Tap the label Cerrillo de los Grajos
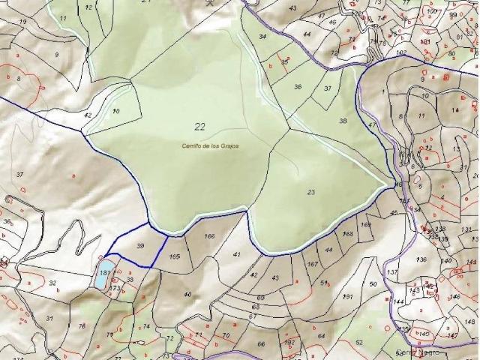click(x=210, y=145)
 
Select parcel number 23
click(x=311, y=193)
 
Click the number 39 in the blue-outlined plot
click(x=139, y=246)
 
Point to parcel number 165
click(x=175, y=256)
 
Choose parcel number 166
click(x=209, y=237)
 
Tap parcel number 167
click(x=313, y=264)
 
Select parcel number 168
click(x=348, y=235)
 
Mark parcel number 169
click(x=366, y=224)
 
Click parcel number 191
click(x=347, y=297)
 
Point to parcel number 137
click(x=392, y=271)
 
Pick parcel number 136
click(x=421, y=259)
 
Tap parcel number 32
click(x=52, y=283)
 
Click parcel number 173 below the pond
click(x=115, y=288)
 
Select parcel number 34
click(x=262, y=36)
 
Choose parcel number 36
click(x=297, y=87)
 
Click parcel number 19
click(x=22, y=22)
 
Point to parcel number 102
click(x=401, y=52)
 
